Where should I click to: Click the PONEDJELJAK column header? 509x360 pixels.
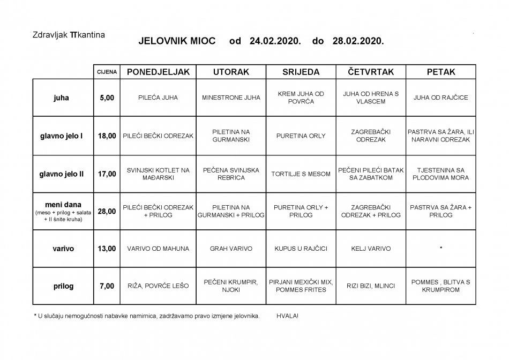(158, 72)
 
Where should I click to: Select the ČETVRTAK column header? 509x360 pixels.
(371, 72)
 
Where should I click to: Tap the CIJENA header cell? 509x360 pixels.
(107, 72)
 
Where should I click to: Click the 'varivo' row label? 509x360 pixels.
(63, 249)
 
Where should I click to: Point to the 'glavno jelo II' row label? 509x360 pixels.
(61, 174)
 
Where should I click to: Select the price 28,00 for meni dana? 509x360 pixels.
(107, 211)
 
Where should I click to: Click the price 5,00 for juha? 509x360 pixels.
(107, 98)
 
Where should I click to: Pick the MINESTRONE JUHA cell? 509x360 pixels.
(231, 98)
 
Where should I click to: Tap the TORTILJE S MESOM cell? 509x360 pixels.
(301, 174)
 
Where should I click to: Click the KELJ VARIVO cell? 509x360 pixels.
(371, 249)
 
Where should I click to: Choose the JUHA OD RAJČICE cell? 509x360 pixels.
(440, 98)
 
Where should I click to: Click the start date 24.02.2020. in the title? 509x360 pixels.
(275, 41)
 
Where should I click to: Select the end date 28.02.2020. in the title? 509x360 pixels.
(358, 41)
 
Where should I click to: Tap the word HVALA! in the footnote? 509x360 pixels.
(288, 316)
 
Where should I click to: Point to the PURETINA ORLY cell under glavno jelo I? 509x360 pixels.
(301, 136)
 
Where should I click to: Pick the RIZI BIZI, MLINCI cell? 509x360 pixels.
(371, 286)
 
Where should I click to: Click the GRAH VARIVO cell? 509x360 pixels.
(231, 249)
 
